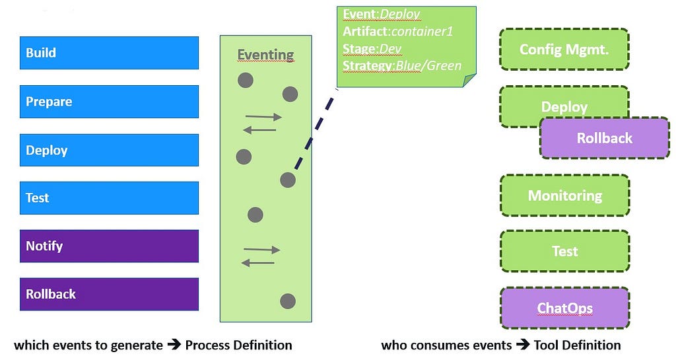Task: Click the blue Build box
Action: pos(109,53)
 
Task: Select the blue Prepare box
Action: pos(109,102)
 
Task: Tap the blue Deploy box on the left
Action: pos(109,150)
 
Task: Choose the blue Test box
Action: pos(109,198)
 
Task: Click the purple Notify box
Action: pos(109,246)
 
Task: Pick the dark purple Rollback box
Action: pos(109,294)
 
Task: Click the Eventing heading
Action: pos(265,54)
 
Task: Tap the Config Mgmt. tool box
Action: pos(564,50)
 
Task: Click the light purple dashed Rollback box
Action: pos(604,138)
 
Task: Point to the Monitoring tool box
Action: pos(564,196)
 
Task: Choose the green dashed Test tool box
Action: pos(564,251)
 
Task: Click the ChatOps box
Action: pos(564,308)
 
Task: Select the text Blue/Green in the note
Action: pos(428,65)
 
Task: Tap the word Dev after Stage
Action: pos(390,48)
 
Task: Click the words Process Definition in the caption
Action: pos(238,345)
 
